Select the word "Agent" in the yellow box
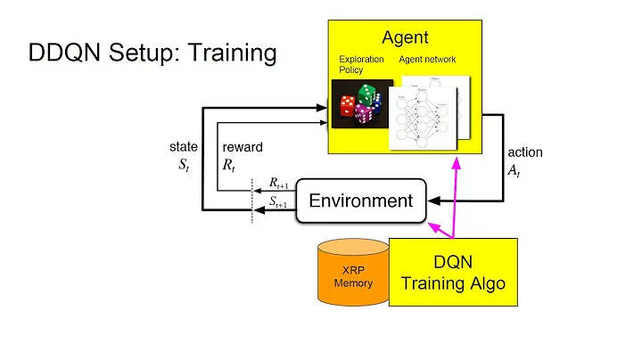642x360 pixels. [x=405, y=37]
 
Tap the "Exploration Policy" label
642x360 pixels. [x=361, y=65]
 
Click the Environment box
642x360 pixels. [x=360, y=200]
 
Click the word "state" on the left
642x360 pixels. [x=183, y=147]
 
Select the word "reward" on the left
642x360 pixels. [x=242, y=147]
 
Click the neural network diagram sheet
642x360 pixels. [x=424, y=111]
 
